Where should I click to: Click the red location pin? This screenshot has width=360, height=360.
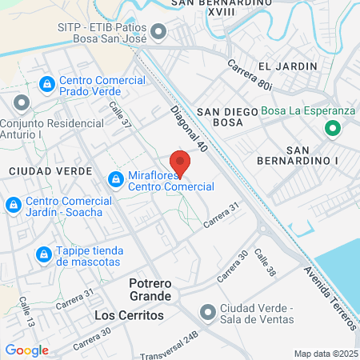180,162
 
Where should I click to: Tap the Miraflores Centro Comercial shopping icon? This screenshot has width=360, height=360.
117,178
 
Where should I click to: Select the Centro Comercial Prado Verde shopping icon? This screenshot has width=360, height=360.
47,82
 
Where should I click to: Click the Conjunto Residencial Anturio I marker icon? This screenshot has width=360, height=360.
21,103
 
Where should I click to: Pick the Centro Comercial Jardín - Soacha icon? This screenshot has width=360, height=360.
13,206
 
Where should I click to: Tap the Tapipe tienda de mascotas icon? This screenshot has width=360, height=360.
43,254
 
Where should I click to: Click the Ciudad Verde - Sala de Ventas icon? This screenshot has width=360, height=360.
207,311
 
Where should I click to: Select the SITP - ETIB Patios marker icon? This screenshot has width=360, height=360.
158,33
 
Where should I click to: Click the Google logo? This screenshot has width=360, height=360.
26,350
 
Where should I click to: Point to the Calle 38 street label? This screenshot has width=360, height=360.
265,263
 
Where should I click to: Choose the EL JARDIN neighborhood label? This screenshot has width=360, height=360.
282,66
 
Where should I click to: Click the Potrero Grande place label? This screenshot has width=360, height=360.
150,290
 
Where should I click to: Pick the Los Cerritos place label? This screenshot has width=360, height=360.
129,315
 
